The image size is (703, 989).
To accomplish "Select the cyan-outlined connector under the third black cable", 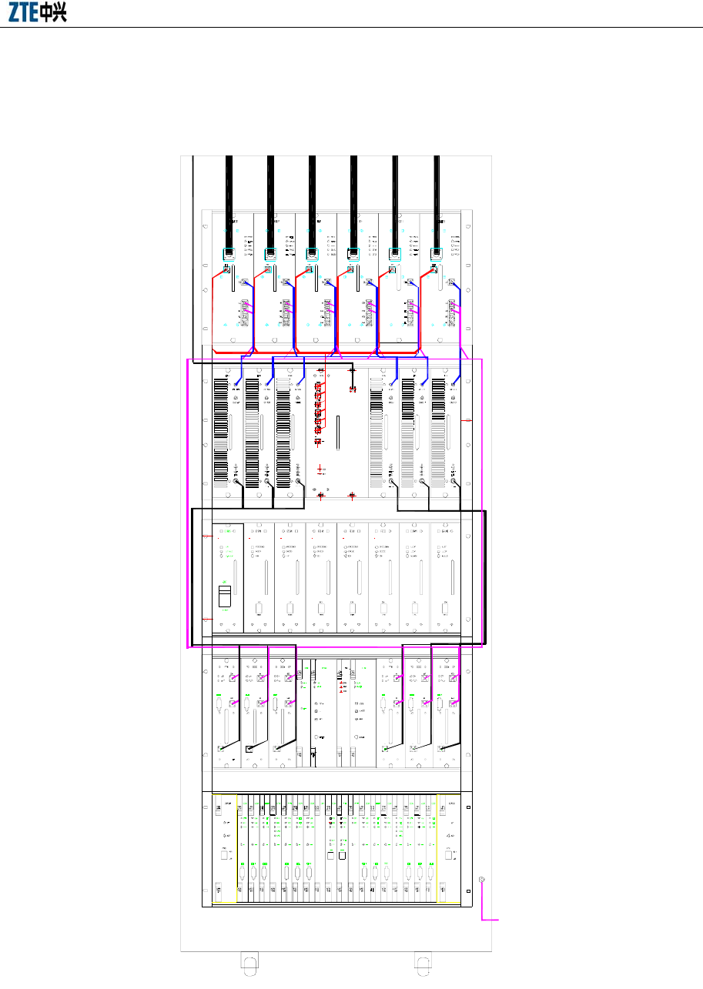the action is (312, 253).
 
